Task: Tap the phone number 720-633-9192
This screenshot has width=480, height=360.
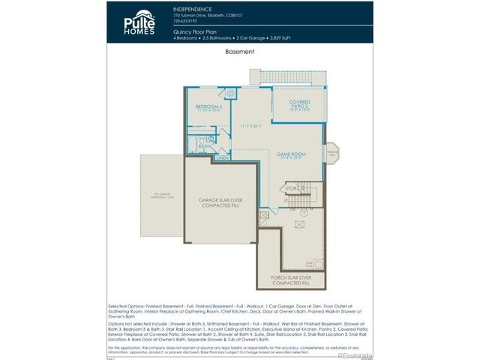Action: (186, 21)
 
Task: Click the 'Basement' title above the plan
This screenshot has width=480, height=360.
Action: (240, 52)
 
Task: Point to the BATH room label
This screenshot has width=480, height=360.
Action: (203, 146)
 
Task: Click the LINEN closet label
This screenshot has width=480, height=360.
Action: (223, 158)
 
